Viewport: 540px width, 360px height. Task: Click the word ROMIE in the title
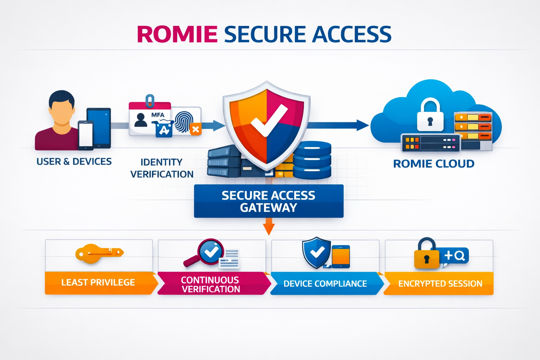[x=178, y=34]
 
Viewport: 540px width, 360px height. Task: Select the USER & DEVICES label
[x=74, y=162]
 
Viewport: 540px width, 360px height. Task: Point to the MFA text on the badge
[x=158, y=115]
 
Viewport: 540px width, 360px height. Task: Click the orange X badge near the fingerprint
[x=195, y=129]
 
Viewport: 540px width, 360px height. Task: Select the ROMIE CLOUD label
[x=434, y=164]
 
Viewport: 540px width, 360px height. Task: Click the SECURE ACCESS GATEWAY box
[x=269, y=201]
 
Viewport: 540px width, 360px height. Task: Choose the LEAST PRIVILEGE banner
[x=101, y=283]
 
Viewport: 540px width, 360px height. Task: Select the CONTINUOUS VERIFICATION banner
[x=214, y=284]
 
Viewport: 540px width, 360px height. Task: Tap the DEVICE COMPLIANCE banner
[x=327, y=284]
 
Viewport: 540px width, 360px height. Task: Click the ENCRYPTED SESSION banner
[x=438, y=284]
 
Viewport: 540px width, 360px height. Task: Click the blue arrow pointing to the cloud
[x=337, y=125]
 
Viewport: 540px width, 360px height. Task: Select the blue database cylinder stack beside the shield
[x=312, y=160]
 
